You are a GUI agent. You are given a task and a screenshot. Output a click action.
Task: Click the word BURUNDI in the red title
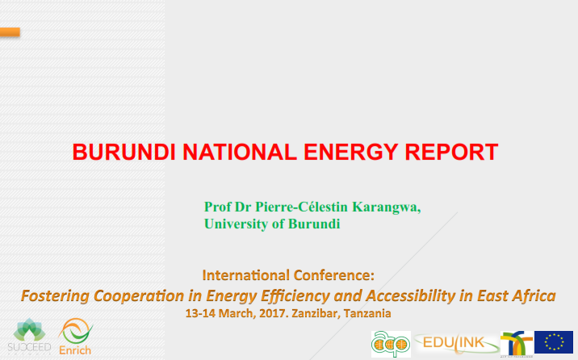pyautogui.click(x=124, y=152)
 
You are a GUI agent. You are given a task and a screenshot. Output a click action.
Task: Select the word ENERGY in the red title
pyautogui.click(x=351, y=152)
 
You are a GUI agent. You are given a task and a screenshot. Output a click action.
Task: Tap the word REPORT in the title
pyautogui.click(x=451, y=152)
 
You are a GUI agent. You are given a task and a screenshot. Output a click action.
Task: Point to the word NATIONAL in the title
pyautogui.click(x=240, y=152)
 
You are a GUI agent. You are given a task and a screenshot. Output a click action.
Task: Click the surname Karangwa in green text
pyautogui.click(x=387, y=207)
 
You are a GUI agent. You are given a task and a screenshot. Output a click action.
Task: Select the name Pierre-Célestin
pyautogui.click(x=302, y=207)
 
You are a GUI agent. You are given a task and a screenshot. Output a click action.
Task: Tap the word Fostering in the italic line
pyautogui.click(x=55, y=296)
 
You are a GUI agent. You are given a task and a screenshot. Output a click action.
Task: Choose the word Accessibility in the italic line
pyautogui.click(x=411, y=295)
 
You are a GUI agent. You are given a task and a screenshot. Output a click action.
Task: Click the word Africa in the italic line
pyautogui.click(x=534, y=295)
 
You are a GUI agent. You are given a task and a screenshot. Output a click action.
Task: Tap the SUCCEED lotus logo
pyautogui.click(x=30, y=336)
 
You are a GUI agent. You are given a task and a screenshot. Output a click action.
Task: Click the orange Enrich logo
pyautogui.click(x=75, y=337)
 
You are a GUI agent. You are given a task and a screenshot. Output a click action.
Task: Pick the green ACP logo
pyautogui.click(x=391, y=344)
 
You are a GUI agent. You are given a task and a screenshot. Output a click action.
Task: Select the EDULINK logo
pyautogui.click(x=456, y=344)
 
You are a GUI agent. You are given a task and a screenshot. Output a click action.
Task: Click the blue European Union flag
pyautogui.click(x=554, y=342)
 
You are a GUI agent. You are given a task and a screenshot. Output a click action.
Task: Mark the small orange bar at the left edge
pyautogui.click(x=10, y=32)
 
